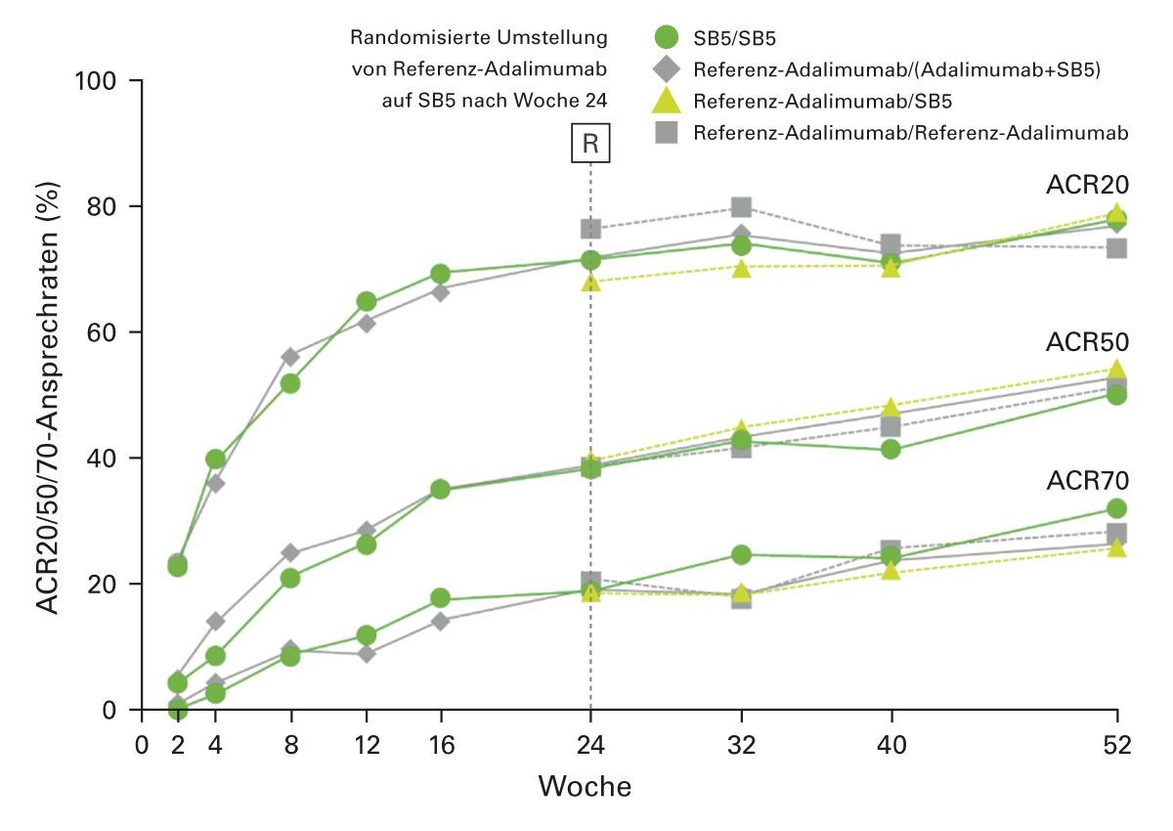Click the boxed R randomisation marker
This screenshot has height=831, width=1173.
point(590,144)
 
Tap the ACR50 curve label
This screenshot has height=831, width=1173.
point(1087,342)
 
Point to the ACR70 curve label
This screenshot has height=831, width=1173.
point(1087,481)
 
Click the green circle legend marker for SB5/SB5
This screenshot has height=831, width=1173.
point(666,39)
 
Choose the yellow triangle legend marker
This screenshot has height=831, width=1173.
point(666,100)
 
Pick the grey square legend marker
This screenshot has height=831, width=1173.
point(666,132)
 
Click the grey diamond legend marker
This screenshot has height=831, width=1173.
point(666,69)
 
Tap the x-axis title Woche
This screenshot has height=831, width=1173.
point(585,786)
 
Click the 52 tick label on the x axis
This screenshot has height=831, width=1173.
point(1116,746)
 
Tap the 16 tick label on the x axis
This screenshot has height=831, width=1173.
point(441,746)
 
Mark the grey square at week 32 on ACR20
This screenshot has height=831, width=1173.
point(741,207)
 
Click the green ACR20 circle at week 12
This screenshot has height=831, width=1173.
point(367,301)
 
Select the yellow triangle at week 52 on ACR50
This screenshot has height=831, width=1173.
point(1116,370)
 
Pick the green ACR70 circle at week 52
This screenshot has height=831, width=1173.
point(1116,508)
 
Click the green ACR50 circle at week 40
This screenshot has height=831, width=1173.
point(891,450)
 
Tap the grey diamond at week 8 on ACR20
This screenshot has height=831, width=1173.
point(290,357)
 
